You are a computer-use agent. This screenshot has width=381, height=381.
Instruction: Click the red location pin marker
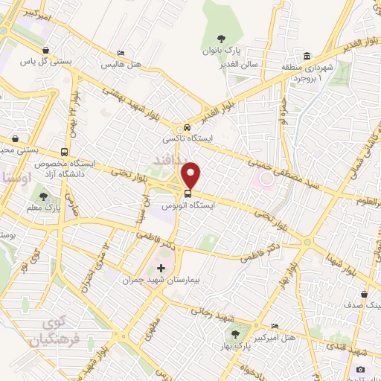click(x=192, y=176)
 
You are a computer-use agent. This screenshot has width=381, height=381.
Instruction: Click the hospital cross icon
click(x=161, y=266)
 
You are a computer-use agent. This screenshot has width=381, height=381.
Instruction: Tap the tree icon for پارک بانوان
click(x=220, y=39)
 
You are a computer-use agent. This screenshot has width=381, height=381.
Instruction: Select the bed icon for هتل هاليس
click(x=121, y=53)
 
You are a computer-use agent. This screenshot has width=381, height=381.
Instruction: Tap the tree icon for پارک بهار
click(x=236, y=334)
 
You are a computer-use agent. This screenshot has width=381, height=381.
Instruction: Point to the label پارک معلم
click(x=47, y=209)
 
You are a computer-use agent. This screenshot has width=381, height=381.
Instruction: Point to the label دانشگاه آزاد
click(x=74, y=173)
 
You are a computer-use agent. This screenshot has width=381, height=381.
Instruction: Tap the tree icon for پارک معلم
click(x=45, y=196)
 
